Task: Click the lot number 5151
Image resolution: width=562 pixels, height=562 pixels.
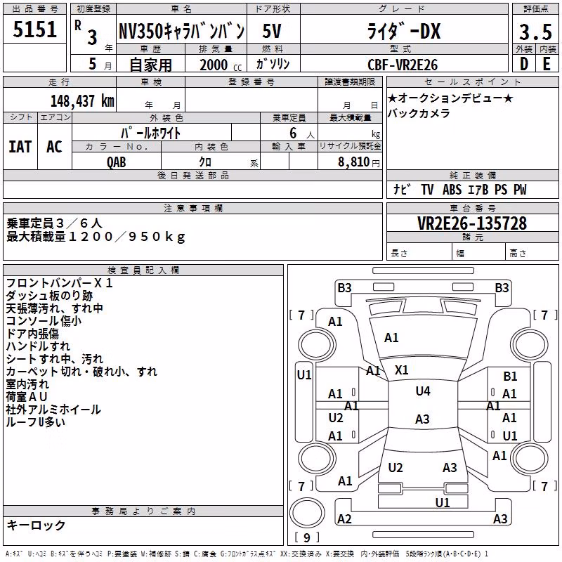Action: (34, 30)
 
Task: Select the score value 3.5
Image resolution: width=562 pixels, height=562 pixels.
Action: (535, 32)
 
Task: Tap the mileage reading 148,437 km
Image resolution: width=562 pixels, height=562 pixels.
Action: (82, 101)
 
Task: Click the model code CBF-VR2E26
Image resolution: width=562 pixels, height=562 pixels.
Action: (403, 65)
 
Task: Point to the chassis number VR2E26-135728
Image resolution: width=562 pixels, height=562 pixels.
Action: (472, 223)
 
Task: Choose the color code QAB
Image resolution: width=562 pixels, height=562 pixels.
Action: (117, 162)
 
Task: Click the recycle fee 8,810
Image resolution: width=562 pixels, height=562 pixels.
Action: (354, 162)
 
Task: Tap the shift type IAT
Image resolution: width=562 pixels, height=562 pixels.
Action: (20, 147)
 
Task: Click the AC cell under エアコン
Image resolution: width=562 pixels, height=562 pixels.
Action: (55, 147)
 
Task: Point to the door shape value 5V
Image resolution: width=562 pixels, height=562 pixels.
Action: (272, 31)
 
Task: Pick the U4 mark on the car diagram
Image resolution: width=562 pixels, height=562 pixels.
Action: (423, 391)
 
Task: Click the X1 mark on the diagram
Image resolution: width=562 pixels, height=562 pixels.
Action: (401, 370)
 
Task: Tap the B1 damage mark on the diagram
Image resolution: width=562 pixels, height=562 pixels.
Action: (510, 377)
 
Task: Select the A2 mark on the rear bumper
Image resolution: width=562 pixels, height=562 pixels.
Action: (344, 519)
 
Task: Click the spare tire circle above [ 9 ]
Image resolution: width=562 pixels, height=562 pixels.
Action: (307, 513)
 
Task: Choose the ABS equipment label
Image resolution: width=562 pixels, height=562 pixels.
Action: (452, 190)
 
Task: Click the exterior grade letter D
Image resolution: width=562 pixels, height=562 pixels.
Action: (524, 64)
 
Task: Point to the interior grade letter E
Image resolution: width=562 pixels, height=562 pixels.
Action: (547, 64)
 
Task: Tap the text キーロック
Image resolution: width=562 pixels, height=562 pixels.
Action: (37, 525)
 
